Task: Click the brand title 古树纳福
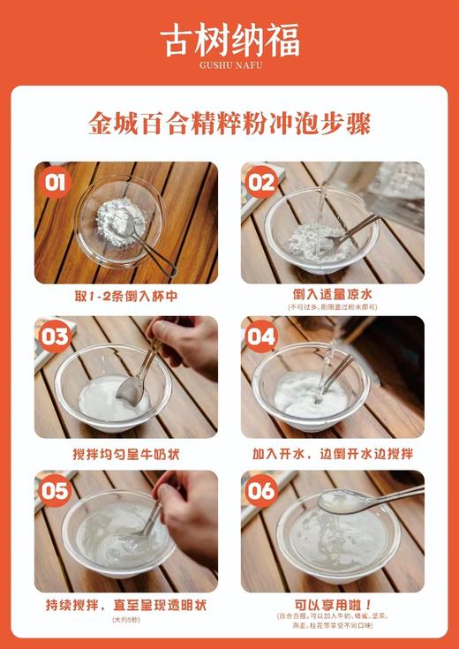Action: [229, 40]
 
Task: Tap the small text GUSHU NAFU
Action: [229, 66]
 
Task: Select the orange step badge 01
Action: [56, 183]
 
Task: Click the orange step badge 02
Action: [261, 183]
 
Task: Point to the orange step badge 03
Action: [56, 336]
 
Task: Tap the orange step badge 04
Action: [261, 336]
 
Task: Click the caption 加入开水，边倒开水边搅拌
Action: [332, 453]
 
